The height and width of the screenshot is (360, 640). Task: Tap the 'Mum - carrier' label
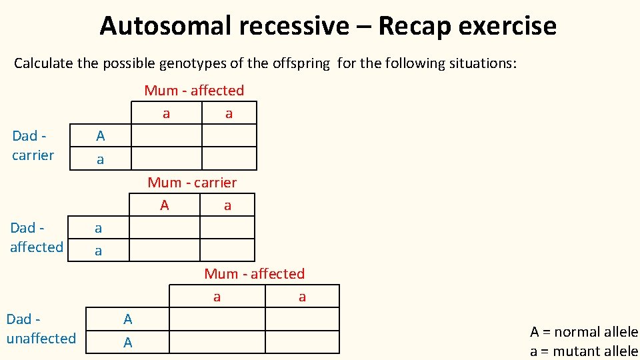(192, 183)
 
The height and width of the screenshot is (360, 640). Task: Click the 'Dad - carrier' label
(33, 145)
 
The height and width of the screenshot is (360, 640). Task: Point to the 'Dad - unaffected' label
(41, 329)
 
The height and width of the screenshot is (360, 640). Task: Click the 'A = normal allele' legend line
(583, 332)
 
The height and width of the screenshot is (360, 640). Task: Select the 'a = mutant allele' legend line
(583, 351)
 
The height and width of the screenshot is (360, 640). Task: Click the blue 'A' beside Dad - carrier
(100, 136)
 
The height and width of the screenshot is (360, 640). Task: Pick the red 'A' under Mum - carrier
(165, 205)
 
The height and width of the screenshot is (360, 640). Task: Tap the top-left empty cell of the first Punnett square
(166, 136)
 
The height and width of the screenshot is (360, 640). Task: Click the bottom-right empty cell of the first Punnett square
(229, 158)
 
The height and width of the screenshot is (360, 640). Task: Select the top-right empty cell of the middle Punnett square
(227, 228)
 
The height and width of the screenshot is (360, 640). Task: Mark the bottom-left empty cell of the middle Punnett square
(165, 249)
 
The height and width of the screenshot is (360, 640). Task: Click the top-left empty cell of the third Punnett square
(217, 319)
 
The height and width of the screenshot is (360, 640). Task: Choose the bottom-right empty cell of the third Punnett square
(302, 342)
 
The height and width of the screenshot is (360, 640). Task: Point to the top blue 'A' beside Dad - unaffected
(128, 319)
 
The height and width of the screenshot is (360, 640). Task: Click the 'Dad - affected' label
(36, 237)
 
